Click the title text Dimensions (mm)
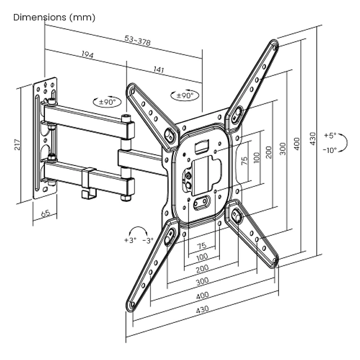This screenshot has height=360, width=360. tap(54, 17)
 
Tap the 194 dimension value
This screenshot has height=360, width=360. tap(87, 55)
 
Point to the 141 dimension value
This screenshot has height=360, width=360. tap(159, 70)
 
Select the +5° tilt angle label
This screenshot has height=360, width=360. tap(330, 136)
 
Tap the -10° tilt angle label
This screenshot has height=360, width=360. tap(330, 150)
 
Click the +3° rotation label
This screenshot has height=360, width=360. tap(130, 240)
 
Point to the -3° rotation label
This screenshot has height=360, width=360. tap(148, 240)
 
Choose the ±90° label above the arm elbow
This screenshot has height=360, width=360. tap(107, 102)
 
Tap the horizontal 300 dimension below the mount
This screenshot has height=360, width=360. tap(202, 281)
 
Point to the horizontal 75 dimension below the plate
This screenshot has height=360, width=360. tap(201, 246)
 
